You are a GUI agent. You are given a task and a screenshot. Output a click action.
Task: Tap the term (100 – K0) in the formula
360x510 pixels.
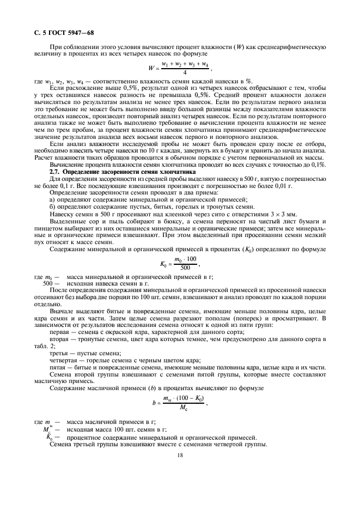click(x=190, y=399)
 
